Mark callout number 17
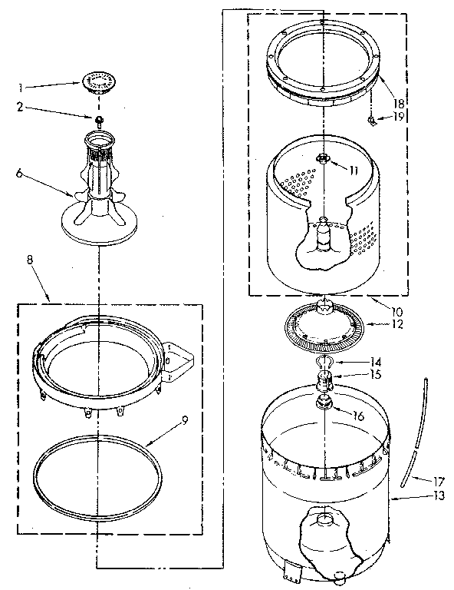tap(419, 481)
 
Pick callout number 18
tap(398, 102)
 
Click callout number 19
tap(398, 117)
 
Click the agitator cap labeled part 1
tap(97, 81)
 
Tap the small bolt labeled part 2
tap(99, 120)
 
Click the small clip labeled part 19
tap(370, 121)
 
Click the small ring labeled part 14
tap(324, 362)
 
